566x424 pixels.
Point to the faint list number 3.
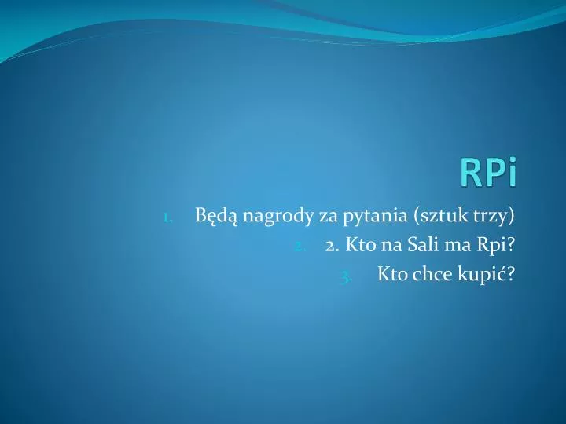click(x=347, y=274)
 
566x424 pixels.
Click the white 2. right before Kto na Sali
click(x=331, y=244)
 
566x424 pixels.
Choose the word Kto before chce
click(x=391, y=273)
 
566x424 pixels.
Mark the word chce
click(x=429, y=273)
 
